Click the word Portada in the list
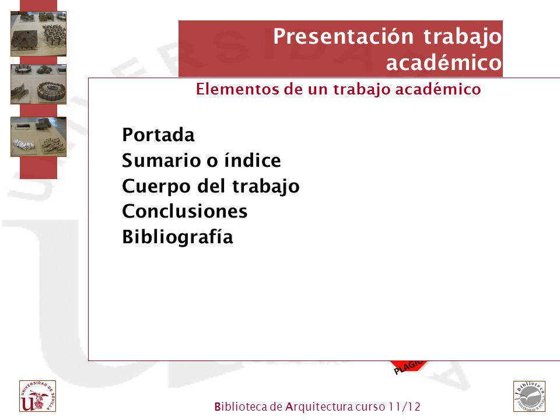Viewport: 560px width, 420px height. [x=158, y=135]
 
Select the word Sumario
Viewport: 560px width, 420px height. [x=163, y=160]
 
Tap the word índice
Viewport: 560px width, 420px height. [x=252, y=160]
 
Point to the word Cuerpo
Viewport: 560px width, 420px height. [x=157, y=187]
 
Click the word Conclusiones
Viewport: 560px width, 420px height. [x=185, y=211]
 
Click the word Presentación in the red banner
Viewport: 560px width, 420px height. [x=343, y=36]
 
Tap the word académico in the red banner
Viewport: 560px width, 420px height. [x=444, y=62]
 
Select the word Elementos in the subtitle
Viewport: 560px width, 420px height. [x=238, y=89]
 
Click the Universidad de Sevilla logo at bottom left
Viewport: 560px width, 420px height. [x=37, y=396]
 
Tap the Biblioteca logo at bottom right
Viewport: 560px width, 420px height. [x=529, y=397]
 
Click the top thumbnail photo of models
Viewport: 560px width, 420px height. [x=38, y=34]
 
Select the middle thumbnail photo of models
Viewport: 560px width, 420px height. [x=38, y=84]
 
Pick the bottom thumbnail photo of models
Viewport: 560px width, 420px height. [x=38, y=136]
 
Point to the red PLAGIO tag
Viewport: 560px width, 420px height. [x=409, y=367]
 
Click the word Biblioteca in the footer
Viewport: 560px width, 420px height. [x=241, y=407]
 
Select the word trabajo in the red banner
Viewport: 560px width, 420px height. [x=463, y=37]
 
